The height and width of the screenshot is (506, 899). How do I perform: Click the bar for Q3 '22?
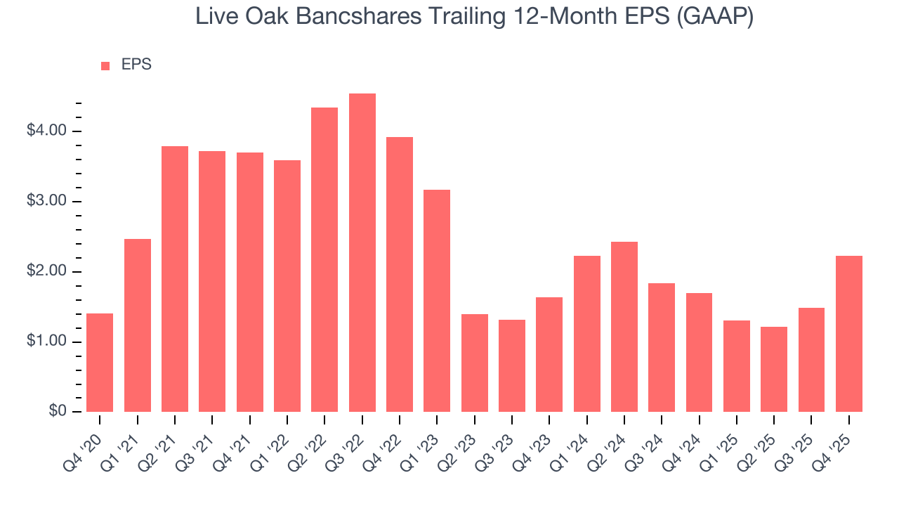coord(362,253)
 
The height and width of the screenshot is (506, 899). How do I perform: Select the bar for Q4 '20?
coord(100,363)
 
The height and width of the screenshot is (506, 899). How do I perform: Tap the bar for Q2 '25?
coord(774,370)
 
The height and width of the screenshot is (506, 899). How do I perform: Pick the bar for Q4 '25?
coord(849,334)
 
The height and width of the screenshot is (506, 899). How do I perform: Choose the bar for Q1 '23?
coord(437,301)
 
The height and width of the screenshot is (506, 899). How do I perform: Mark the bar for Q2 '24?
coord(624,327)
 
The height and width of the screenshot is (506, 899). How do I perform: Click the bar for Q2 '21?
coord(175,279)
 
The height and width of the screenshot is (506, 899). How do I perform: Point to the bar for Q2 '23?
coord(475,363)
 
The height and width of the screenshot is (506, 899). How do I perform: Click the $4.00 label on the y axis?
coord(48,131)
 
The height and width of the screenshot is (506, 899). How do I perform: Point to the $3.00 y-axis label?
coord(48,202)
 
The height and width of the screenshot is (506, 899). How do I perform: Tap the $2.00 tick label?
coord(48,272)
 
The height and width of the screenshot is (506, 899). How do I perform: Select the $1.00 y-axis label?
coord(48,342)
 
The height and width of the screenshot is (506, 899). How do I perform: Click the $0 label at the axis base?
coord(57,412)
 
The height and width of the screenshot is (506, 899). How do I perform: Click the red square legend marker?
coord(105,66)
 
